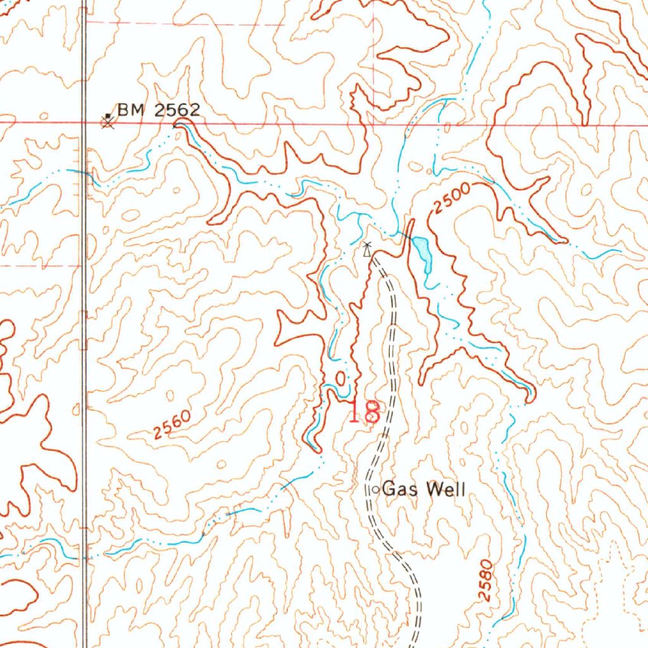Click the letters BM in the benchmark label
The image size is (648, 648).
[x=129, y=110]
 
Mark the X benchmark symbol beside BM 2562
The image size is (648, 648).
[x=108, y=122]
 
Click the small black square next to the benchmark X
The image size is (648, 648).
[x=108, y=115]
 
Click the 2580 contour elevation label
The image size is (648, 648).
[x=486, y=580]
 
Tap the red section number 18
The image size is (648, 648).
[x=364, y=413]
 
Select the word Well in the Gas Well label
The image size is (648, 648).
[x=446, y=489]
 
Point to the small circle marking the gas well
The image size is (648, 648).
[x=375, y=490]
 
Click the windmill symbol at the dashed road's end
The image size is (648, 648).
[x=367, y=249]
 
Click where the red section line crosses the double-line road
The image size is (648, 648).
[x=84, y=121]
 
